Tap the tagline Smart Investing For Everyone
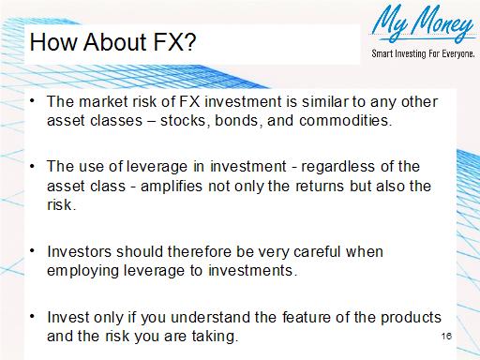point(423,53)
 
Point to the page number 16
point(445,335)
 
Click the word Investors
point(76,252)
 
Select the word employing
point(82,271)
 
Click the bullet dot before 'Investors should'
point(34,251)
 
